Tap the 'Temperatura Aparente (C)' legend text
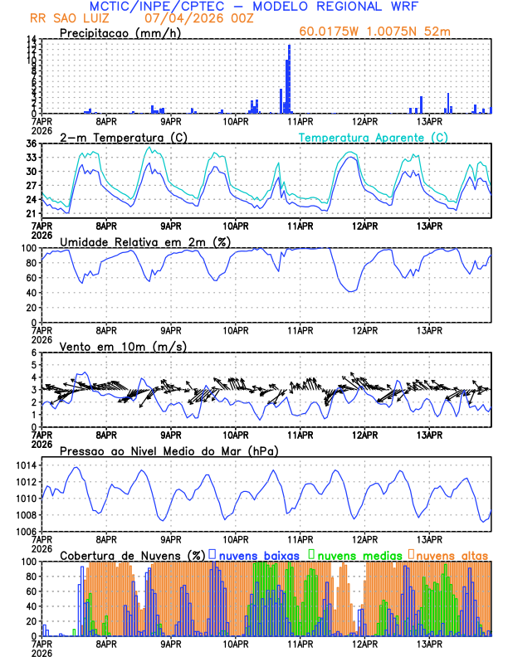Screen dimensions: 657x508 [373, 137]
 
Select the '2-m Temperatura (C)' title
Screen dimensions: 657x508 [118, 137]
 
